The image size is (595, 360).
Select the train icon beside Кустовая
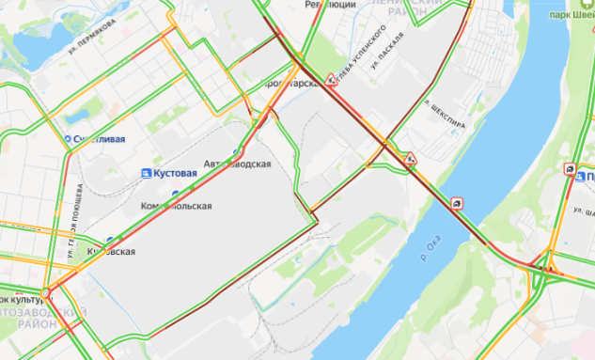point(146,174)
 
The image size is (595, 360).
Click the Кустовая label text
point(176,174)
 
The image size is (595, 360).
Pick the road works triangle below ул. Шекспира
point(411,157)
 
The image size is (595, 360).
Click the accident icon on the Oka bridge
point(458,203)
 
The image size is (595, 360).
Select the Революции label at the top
point(331,5)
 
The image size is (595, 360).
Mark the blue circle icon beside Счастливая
point(68,139)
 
